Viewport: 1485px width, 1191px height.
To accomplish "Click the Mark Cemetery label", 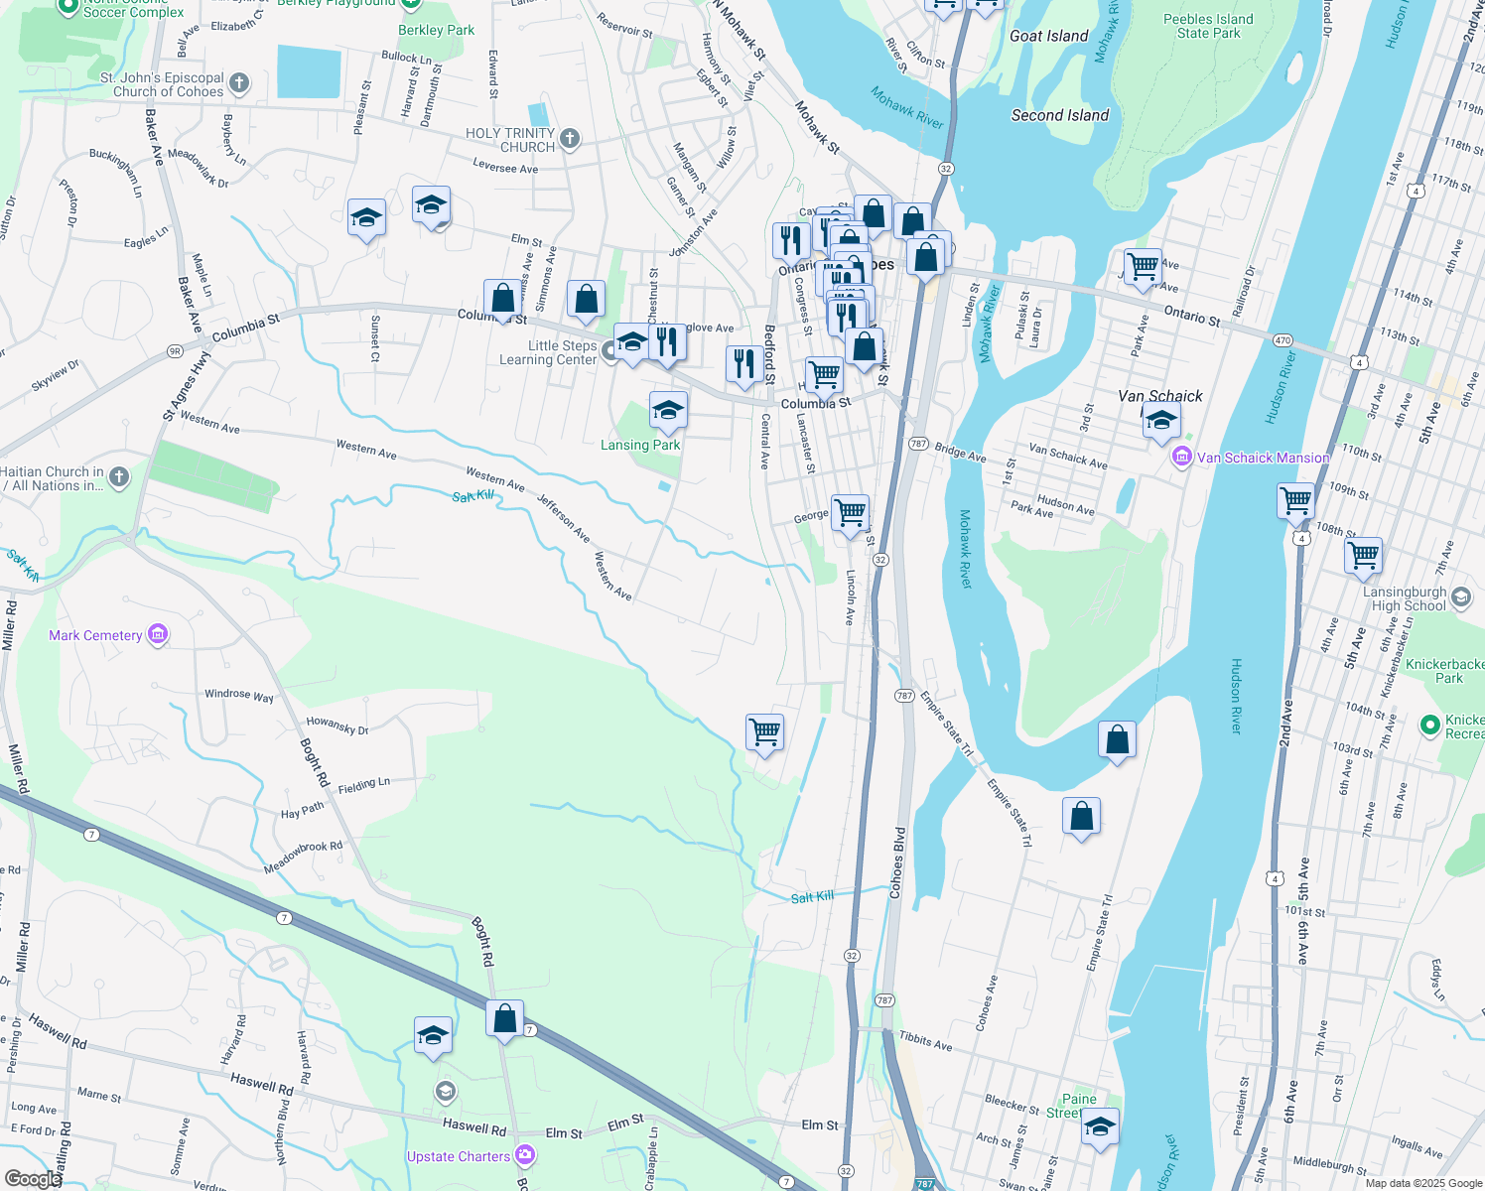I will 95,635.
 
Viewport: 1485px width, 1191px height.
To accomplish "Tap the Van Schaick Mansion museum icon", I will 1181,458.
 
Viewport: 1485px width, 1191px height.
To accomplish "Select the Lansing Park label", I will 640,445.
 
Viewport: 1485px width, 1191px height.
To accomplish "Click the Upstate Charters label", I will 459,1156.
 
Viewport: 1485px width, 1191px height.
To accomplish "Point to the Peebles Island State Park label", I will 1208,26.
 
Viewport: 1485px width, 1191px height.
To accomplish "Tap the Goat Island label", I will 1048,36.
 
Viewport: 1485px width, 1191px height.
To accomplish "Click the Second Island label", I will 1059,115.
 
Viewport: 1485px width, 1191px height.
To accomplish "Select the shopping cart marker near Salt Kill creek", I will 764,732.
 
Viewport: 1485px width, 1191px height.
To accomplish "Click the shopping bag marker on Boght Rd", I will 504,1018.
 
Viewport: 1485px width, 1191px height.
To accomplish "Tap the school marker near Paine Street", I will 1099,1126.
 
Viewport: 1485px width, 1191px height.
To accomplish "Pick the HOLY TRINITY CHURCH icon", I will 570,139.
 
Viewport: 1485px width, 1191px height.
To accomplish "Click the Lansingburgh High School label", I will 1404,598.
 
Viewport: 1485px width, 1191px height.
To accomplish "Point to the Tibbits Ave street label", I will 925,1040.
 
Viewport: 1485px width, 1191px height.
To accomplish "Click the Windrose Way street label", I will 238,696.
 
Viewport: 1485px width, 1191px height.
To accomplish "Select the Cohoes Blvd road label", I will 898,862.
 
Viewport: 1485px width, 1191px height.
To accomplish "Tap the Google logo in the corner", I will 32,1178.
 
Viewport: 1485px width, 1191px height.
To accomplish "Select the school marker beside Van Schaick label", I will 1160,421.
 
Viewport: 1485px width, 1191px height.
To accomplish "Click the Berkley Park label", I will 436,30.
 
